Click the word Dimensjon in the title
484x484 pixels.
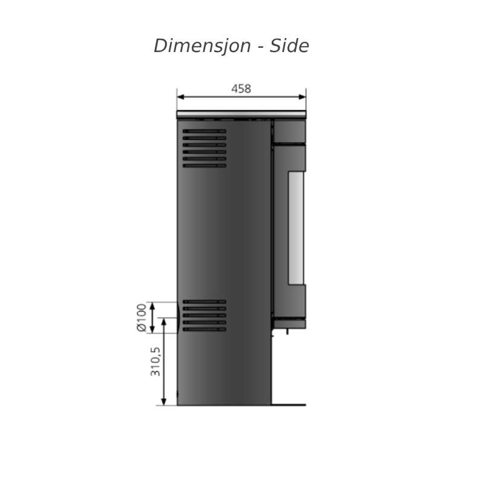(x=202, y=46)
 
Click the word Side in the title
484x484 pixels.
(x=289, y=46)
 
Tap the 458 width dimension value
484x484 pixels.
(x=241, y=89)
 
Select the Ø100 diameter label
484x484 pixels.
(x=142, y=318)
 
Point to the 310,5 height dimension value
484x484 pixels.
(x=155, y=362)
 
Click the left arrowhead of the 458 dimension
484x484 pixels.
(x=181, y=97)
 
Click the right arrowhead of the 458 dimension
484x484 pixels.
(x=302, y=97)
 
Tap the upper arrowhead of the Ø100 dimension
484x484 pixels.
(x=152, y=306)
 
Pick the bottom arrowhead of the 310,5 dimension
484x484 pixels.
(x=163, y=401)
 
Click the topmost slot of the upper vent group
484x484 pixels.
(x=204, y=131)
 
